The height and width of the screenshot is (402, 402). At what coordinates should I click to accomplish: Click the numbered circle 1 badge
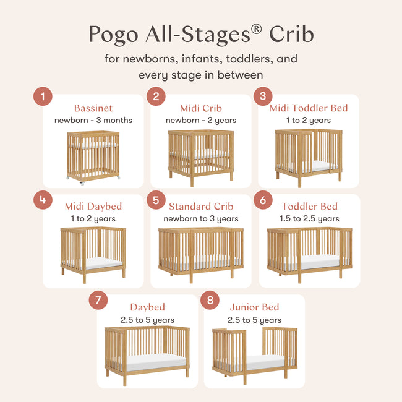[43, 96]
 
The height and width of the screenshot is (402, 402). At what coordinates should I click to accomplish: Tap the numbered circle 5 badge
[156, 200]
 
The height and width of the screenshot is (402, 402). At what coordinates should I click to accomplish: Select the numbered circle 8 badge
[211, 301]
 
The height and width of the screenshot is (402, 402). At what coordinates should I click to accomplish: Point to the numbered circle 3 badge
[263, 96]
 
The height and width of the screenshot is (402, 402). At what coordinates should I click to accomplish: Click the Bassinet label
[93, 108]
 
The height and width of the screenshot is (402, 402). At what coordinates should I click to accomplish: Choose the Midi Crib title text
[201, 108]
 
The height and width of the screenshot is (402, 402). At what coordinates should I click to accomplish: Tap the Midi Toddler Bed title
[309, 108]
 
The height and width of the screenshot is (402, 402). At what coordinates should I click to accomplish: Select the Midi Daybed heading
[93, 206]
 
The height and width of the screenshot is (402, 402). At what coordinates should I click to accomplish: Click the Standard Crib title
[201, 206]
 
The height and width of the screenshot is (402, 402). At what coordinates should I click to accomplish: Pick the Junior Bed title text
[254, 307]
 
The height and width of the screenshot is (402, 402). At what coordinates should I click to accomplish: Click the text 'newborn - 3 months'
[93, 120]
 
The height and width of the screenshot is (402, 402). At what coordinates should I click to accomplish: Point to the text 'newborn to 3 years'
[201, 218]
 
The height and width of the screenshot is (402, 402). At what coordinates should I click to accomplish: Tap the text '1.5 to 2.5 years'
[309, 218]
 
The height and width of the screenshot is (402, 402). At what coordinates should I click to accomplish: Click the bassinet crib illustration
[93, 156]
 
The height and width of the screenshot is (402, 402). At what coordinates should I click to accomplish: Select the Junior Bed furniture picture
[254, 353]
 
